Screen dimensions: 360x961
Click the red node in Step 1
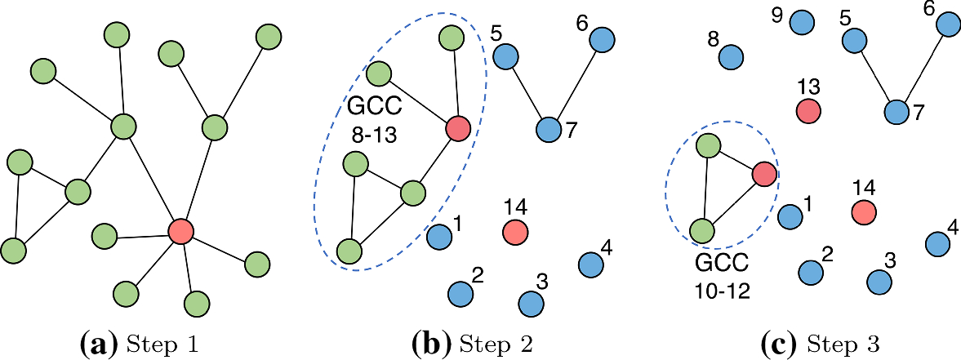point(180,231)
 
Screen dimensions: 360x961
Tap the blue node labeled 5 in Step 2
point(505,56)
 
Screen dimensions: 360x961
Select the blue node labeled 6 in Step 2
point(602,38)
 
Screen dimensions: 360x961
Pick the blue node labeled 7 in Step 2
point(549,129)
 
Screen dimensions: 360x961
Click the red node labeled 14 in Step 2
point(514,232)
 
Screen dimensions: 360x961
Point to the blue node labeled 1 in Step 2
point(439,237)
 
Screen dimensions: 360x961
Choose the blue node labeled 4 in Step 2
point(590,264)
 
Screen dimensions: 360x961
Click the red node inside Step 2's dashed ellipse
point(458,128)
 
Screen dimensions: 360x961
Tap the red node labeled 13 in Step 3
point(808,109)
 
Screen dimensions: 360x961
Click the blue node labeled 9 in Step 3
point(803,22)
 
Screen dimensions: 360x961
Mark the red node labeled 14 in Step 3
point(864,212)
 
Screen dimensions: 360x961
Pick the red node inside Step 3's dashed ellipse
point(764,174)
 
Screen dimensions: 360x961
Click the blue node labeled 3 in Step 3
point(879,282)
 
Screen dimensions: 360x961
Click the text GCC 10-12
point(720,276)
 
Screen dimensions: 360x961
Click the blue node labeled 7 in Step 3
point(897,111)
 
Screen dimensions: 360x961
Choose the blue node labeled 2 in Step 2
point(460,291)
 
